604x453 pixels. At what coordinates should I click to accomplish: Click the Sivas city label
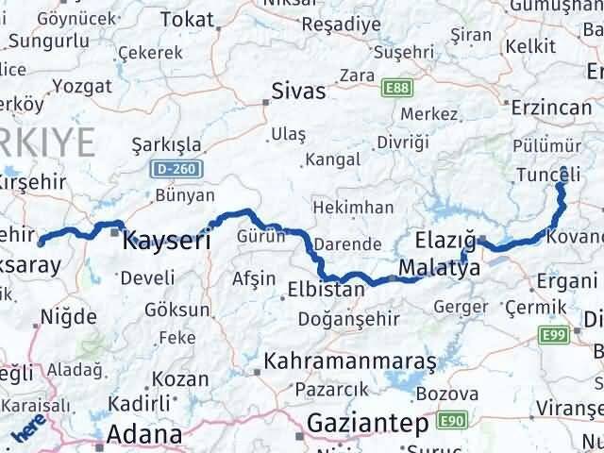click(297, 92)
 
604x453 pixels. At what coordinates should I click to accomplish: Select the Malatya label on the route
click(439, 268)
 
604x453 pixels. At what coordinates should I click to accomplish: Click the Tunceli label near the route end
click(549, 174)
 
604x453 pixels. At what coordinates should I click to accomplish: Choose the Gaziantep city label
click(366, 423)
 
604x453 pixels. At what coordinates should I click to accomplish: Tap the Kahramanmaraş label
click(350, 361)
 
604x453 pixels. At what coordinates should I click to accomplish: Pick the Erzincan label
click(551, 108)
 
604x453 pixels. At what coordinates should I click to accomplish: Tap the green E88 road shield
click(396, 87)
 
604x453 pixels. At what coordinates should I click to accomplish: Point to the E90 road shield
click(450, 418)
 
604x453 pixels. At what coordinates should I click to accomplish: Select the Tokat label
click(188, 19)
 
